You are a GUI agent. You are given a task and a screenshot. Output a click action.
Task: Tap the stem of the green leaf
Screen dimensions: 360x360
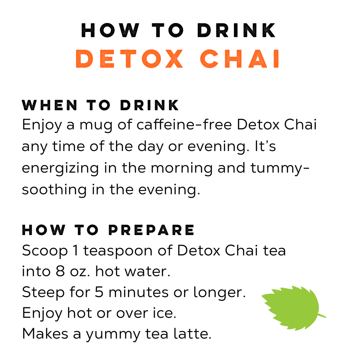point(321,315)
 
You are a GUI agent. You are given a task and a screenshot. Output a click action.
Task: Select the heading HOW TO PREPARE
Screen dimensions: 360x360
point(108,230)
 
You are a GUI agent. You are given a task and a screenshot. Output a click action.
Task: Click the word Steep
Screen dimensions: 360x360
point(43,293)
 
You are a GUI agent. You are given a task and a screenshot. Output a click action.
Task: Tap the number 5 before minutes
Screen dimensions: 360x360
point(99,293)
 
